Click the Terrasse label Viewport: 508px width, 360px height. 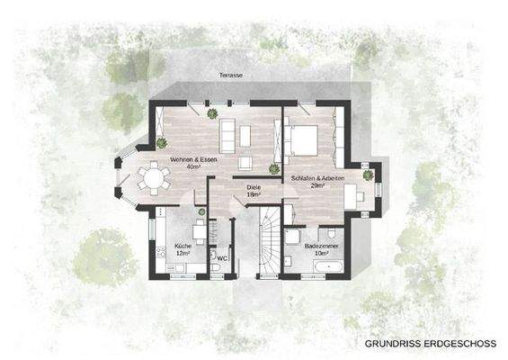click(x=230, y=76)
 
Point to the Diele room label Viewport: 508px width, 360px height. click(x=254, y=186)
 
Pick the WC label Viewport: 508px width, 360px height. click(x=222, y=257)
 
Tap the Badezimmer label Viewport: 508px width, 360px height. click(x=321, y=246)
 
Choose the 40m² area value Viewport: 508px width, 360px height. click(x=192, y=167)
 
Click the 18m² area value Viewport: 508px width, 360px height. click(x=254, y=193)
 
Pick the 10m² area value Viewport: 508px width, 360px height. click(x=321, y=254)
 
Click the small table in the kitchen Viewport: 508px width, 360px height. click(x=199, y=230)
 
